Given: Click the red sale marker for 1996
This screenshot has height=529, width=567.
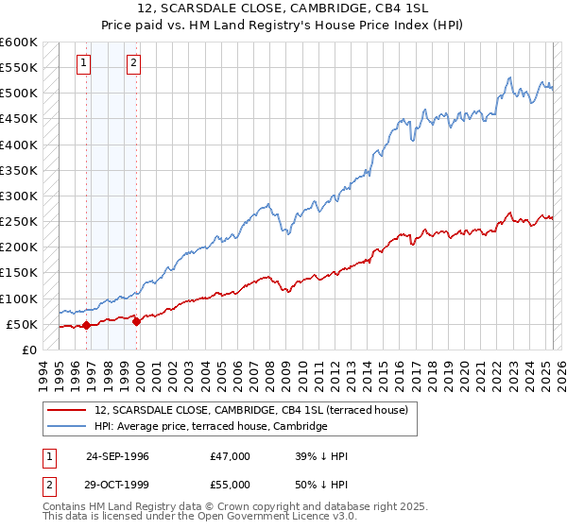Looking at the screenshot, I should click(86, 325).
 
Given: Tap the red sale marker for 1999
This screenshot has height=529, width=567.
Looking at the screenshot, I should click(137, 321).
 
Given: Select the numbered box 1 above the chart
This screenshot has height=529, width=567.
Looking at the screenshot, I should click(84, 63).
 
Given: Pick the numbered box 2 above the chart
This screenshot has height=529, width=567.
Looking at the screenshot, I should click(134, 63).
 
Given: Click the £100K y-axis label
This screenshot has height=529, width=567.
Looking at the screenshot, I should click(19, 299).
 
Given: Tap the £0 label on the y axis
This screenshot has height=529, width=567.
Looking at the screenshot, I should click(28, 350).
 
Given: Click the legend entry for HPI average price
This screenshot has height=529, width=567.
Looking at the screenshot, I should click(210, 427).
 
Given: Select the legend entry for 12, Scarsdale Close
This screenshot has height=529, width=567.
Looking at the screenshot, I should click(250, 410).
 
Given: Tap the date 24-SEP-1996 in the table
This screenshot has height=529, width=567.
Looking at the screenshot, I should click(117, 456).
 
